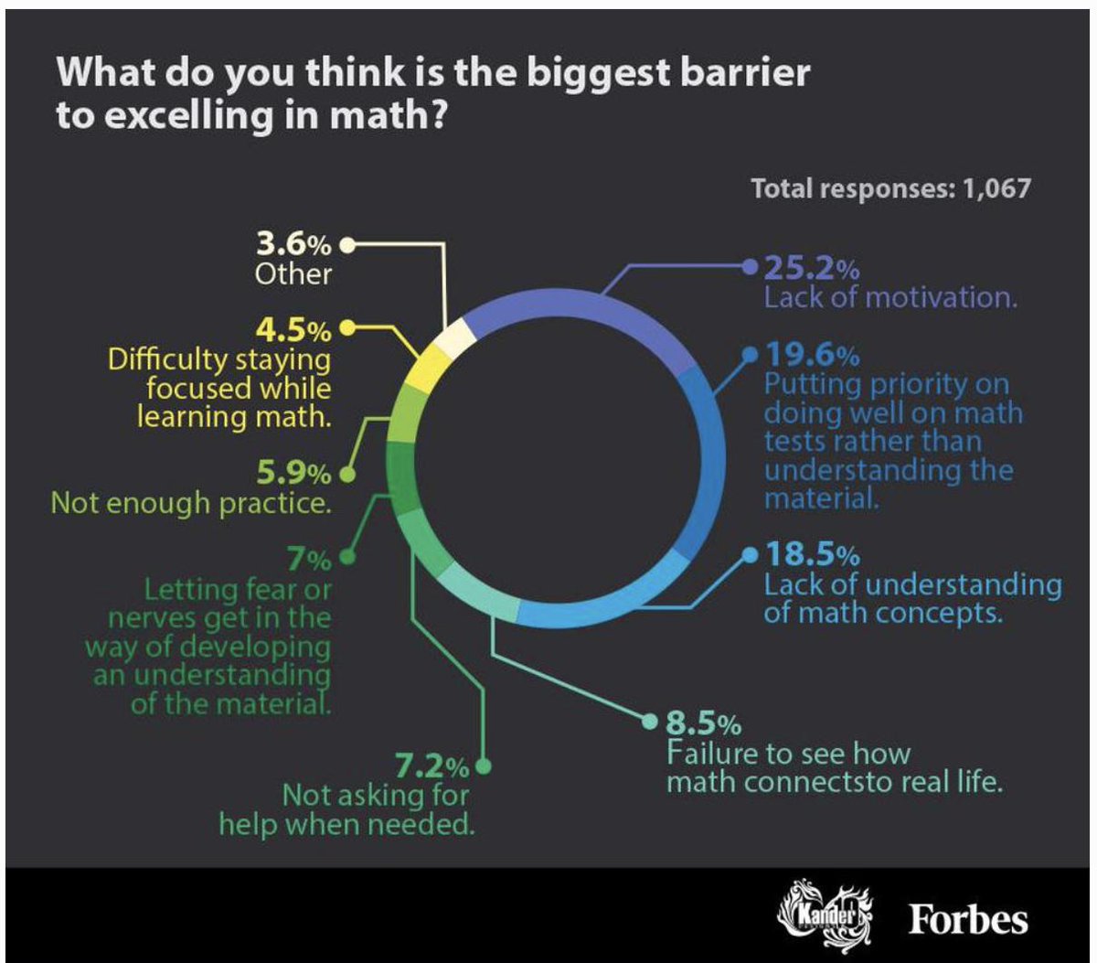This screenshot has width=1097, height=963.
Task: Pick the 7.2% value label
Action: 432,765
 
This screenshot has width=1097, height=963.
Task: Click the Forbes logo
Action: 968,919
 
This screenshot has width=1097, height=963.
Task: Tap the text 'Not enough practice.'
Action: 191,503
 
